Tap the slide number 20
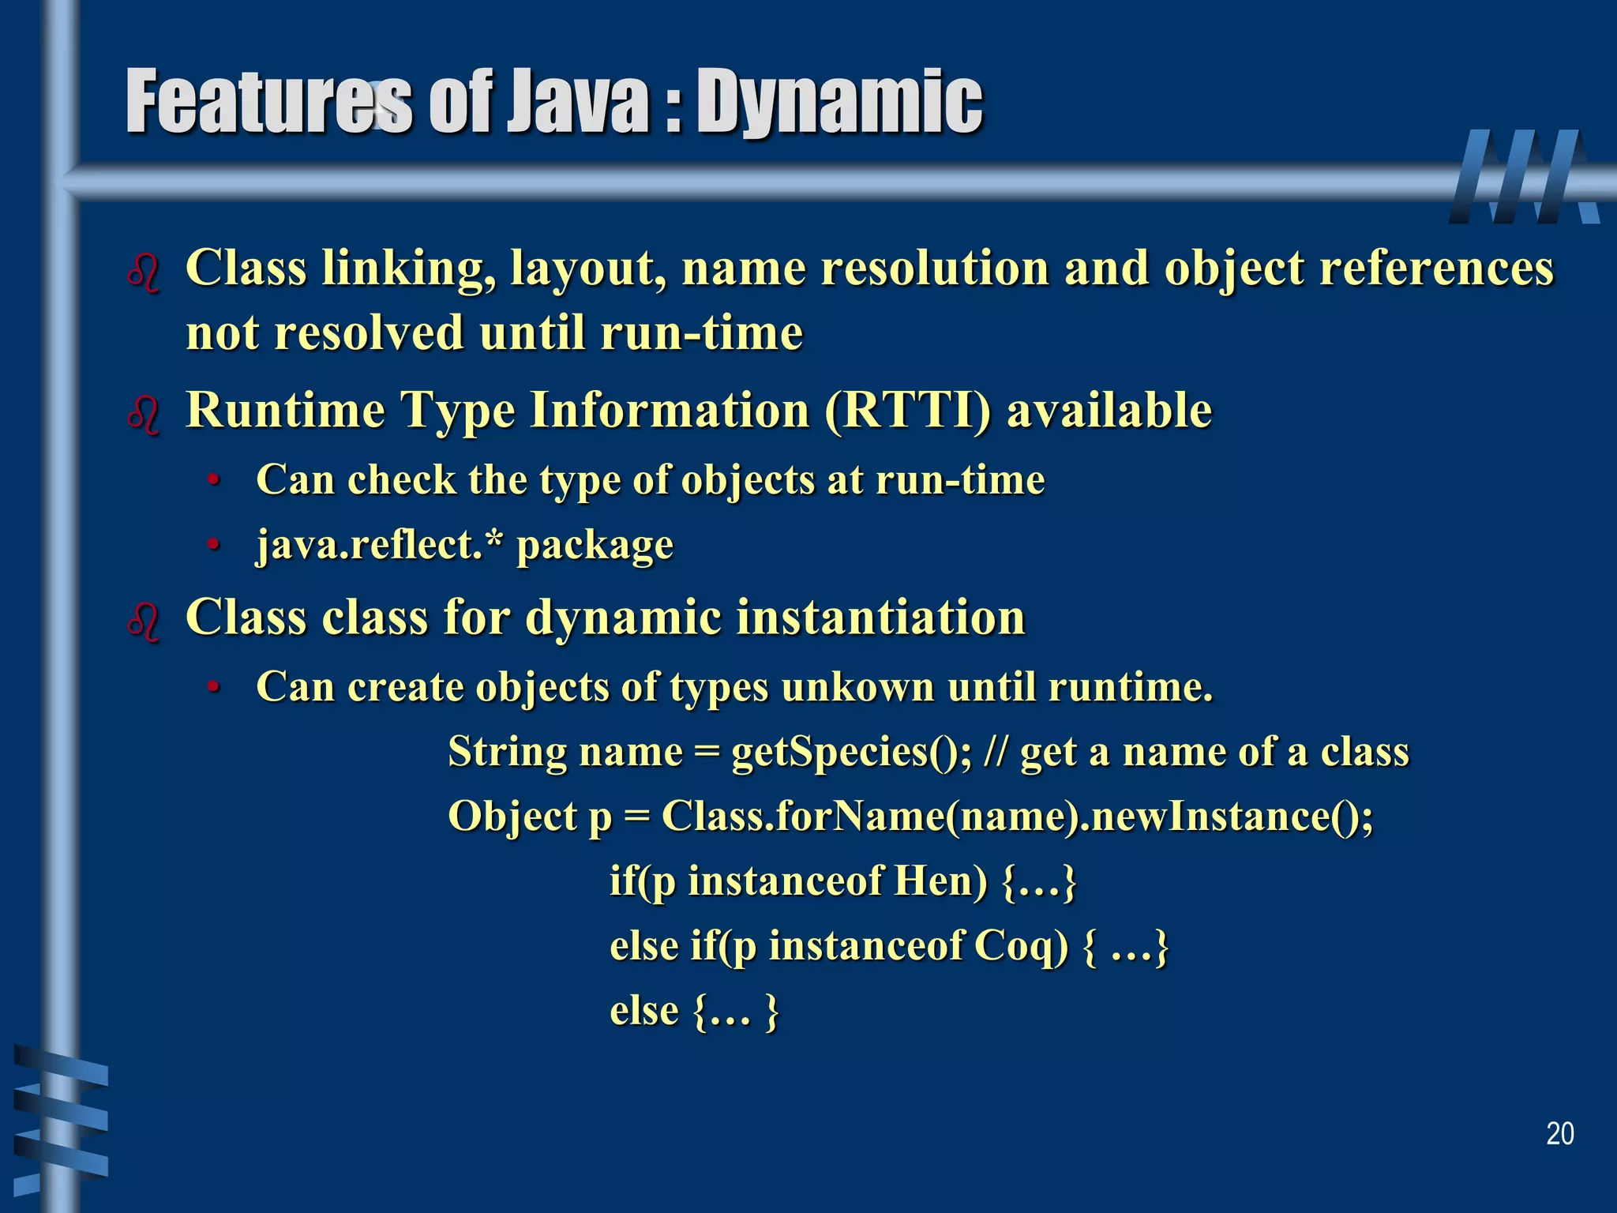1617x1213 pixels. [1559, 1134]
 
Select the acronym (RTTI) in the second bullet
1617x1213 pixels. [906, 411]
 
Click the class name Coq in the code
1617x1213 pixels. [1021, 945]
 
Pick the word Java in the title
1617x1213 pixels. [576, 103]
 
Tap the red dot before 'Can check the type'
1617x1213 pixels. [212, 481]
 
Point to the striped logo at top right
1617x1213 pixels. [1524, 177]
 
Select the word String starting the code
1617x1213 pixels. [506, 751]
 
